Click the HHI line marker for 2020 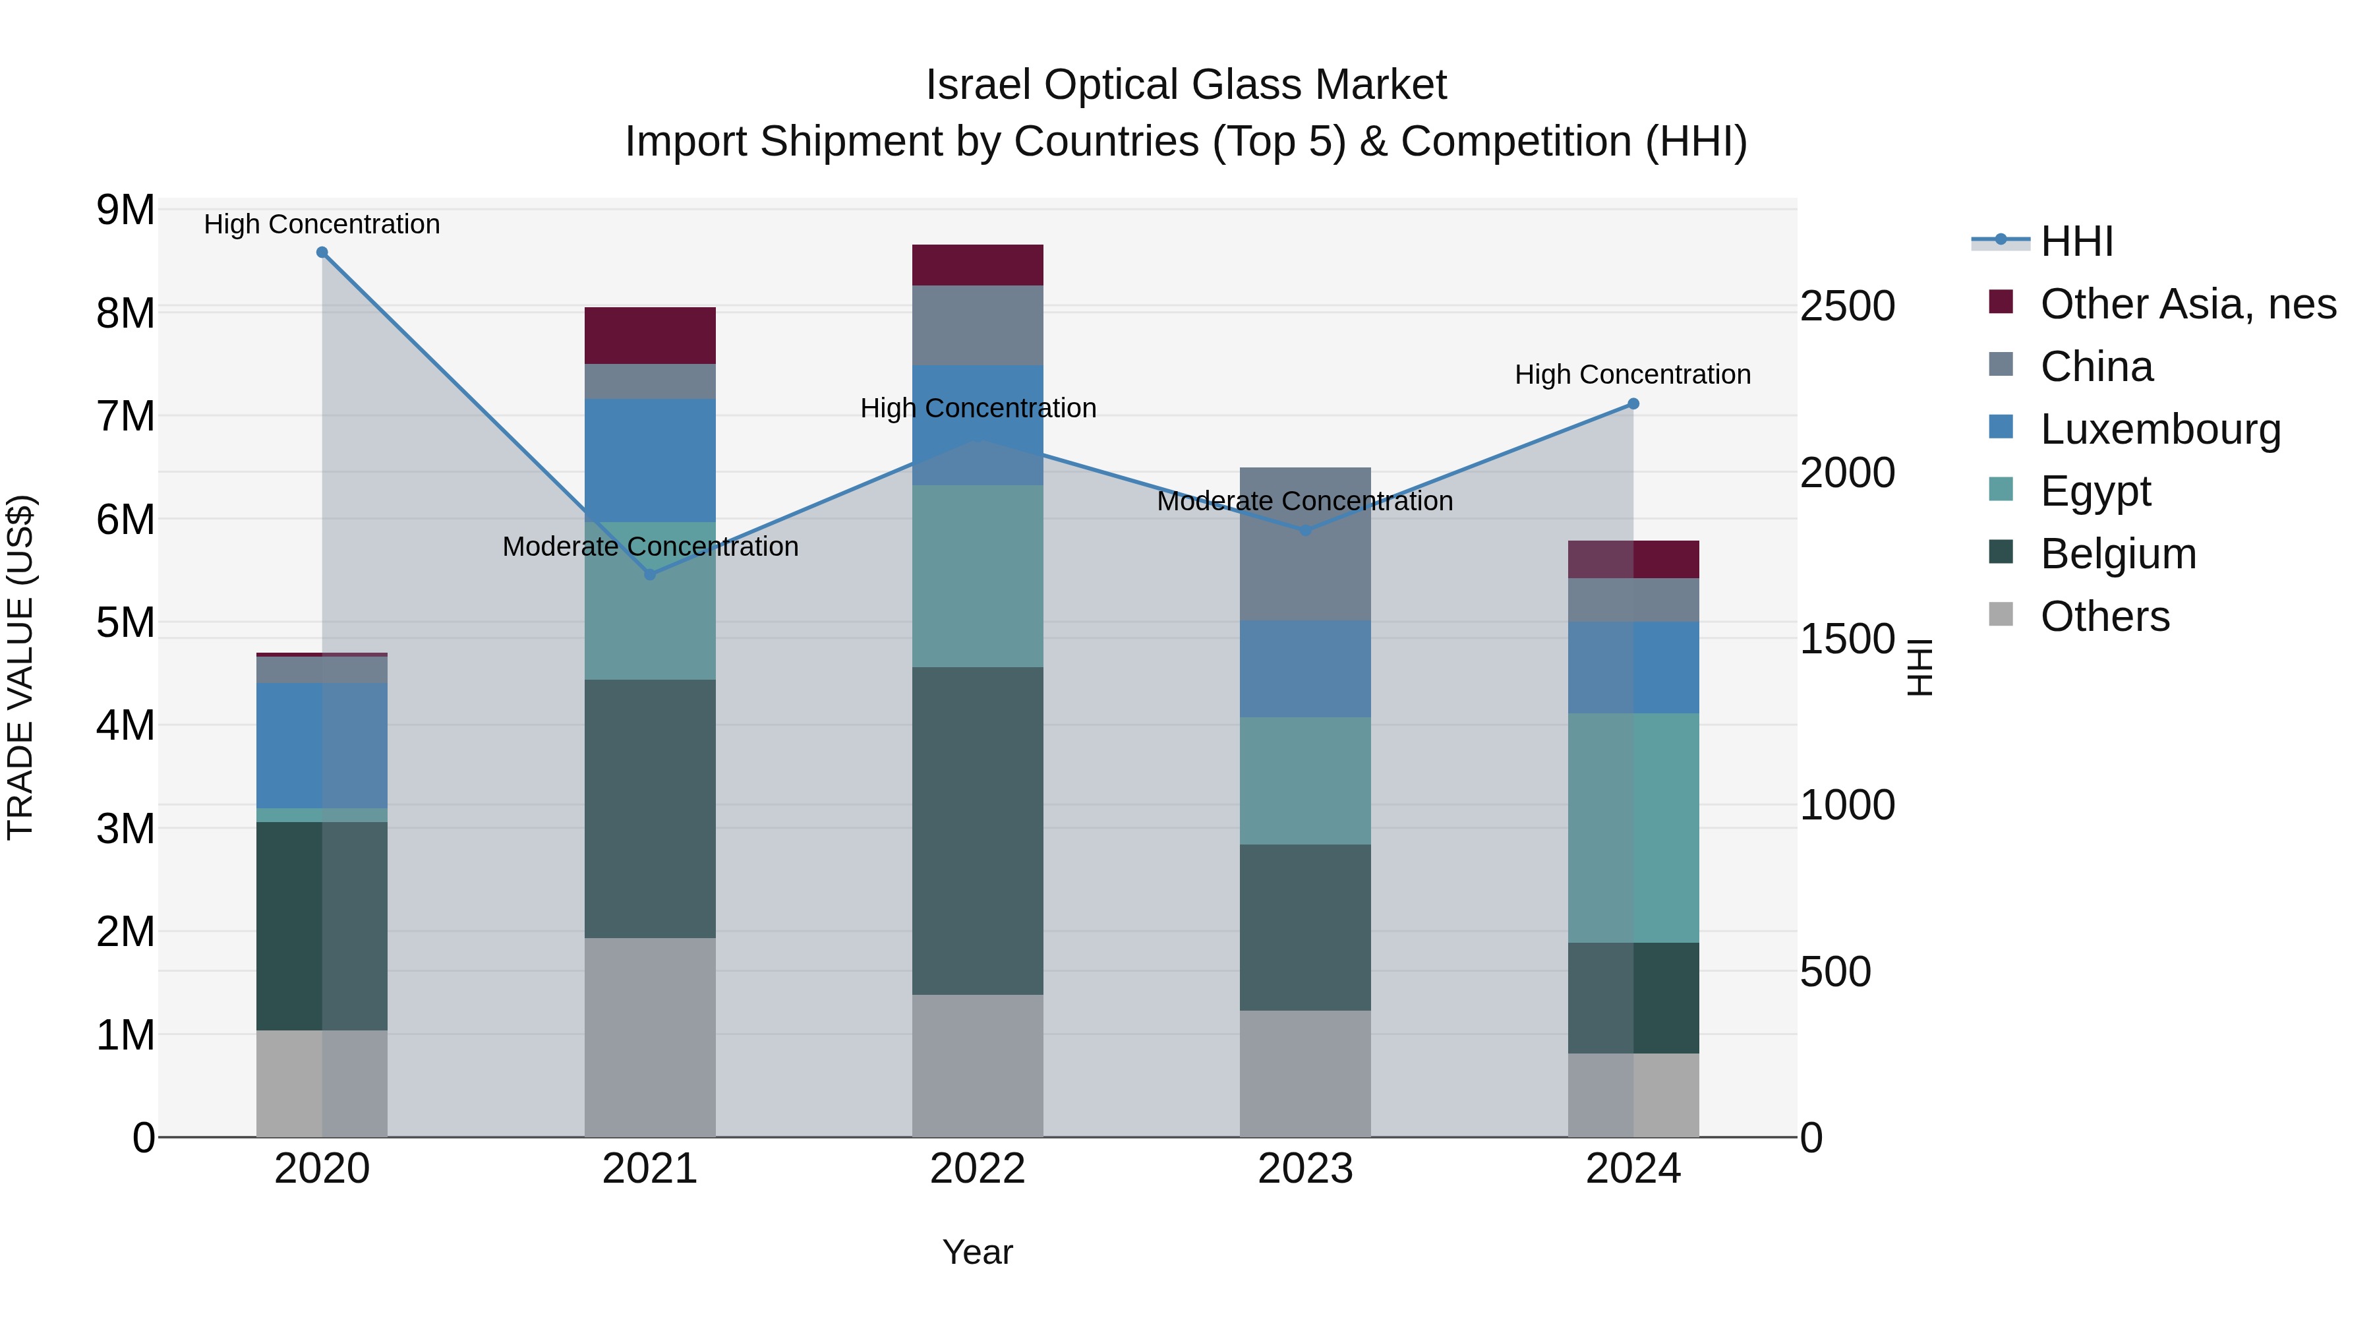point(322,252)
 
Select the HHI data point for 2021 point(649,574)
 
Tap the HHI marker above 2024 point(1633,403)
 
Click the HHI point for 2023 point(1305,531)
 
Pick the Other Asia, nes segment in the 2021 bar point(649,336)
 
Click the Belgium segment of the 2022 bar point(978,830)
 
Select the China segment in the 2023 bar point(1305,544)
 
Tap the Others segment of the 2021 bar point(649,1036)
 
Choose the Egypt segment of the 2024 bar point(1633,827)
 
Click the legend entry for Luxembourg point(2160,429)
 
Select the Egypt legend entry point(2095,491)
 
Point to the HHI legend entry point(2076,241)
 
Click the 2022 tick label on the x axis point(978,1169)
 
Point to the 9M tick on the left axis point(125,210)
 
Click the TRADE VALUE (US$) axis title point(20,667)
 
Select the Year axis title point(978,1252)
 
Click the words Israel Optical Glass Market point(1186,85)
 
